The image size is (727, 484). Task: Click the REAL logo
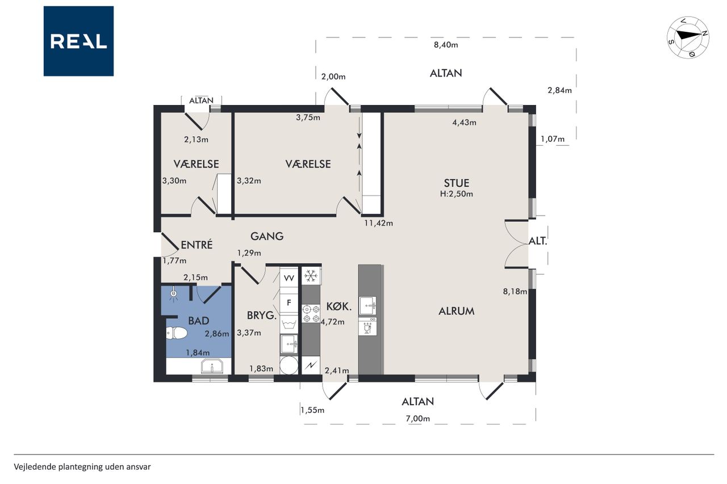click(78, 41)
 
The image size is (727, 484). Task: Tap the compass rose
click(688, 37)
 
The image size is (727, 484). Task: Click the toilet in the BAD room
click(176, 333)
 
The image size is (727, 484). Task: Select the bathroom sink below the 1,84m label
click(212, 367)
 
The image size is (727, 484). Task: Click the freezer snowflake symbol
click(311, 276)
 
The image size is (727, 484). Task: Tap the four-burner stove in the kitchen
click(311, 314)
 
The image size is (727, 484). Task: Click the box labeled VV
click(289, 278)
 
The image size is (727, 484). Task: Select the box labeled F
click(289, 303)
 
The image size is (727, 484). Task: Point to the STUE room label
click(456, 183)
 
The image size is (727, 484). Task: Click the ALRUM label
click(456, 311)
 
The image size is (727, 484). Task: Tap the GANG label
click(267, 237)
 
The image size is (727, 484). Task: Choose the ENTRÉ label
click(197, 245)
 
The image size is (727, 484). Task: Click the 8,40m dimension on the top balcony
click(446, 45)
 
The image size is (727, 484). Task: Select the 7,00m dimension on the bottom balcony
click(417, 419)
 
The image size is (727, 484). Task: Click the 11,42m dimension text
click(378, 223)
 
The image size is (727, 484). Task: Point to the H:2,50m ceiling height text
click(456, 194)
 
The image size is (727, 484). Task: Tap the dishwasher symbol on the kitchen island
click(367, 326)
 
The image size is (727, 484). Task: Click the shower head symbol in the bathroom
click(174, 294)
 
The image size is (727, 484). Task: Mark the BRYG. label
click(262, 315)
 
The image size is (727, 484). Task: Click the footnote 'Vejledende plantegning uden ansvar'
click(82, 467)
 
